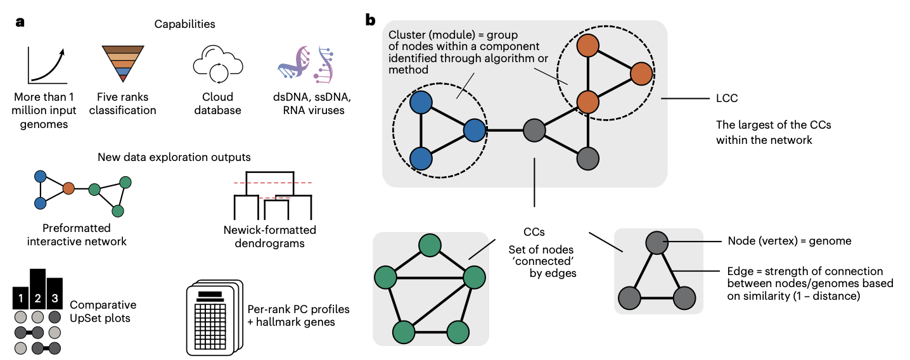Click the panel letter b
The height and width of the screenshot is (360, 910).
(371, 20)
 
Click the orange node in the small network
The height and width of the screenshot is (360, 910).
(69, 188)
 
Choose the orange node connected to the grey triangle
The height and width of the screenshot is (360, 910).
(589, 101)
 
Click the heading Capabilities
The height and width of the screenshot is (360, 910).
(185, 24)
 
